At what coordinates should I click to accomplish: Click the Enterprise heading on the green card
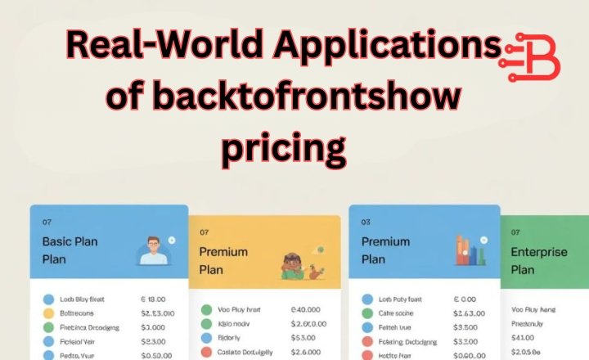538,253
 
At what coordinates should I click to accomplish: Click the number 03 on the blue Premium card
366,222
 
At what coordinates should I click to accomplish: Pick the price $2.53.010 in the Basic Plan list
159,313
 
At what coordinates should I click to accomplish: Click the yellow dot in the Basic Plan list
48,313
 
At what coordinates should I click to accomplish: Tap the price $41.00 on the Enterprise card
523,337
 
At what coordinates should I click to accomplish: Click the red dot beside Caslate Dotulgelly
207,353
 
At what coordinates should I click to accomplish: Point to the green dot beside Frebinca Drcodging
48,327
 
